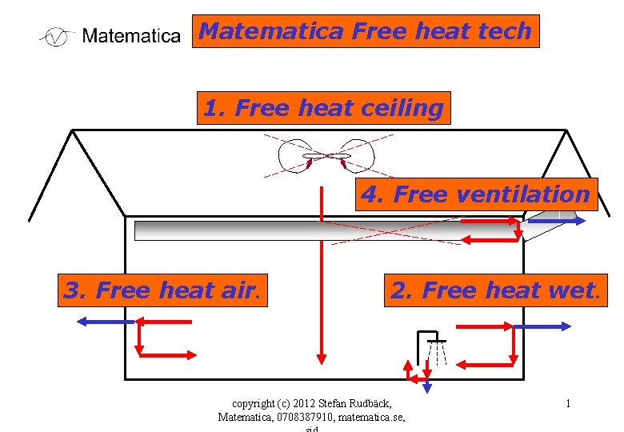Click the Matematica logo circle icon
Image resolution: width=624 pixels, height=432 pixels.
tap(55, 37)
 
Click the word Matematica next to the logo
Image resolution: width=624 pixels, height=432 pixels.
tap(131, 36)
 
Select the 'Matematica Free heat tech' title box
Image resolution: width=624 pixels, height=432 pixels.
tap(366, 31)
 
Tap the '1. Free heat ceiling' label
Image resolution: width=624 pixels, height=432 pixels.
tap(323, 108)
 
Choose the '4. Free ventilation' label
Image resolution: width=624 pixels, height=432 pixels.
tap(476, 194)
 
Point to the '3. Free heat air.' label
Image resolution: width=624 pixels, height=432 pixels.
tap(163, 290)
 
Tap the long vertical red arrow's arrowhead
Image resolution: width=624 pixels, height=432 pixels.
tap(321, 355)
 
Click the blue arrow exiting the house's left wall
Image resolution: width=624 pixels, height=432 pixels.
tap(104, 322)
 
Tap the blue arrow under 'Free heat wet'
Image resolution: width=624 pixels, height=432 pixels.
tap(542, 326)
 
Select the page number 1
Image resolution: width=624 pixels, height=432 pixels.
tap(567, 403)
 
